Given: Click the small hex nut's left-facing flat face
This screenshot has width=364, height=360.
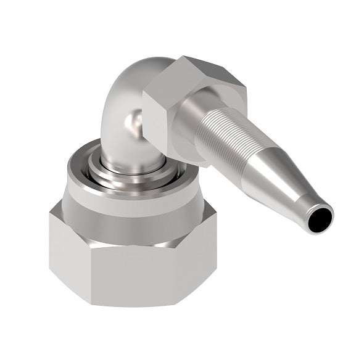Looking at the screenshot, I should point(157,120).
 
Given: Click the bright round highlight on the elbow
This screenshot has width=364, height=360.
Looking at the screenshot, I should point(131,120).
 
